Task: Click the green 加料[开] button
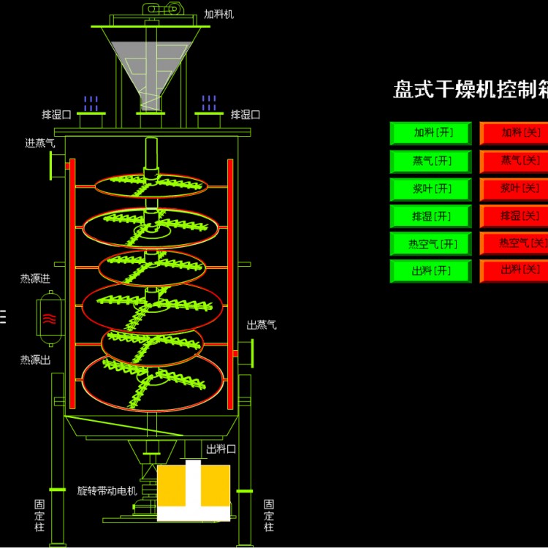click(433, 133)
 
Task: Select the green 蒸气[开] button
click(433, 161)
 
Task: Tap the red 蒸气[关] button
click(514, 161)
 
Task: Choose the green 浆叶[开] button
click(433, 189)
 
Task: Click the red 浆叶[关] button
click(514, 189)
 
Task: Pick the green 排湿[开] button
click(433, 216)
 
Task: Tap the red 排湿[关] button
click(514, 216)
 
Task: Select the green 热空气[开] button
click(433, 244)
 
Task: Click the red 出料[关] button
click(514, 270)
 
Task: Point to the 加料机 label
click(220, 14)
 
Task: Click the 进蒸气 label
click(40, 143)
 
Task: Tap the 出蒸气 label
click(262, 325)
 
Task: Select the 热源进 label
click(35, 279)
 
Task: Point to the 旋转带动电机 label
click(107, 490)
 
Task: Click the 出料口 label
click(221, 449)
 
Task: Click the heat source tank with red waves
click(49, 318)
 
